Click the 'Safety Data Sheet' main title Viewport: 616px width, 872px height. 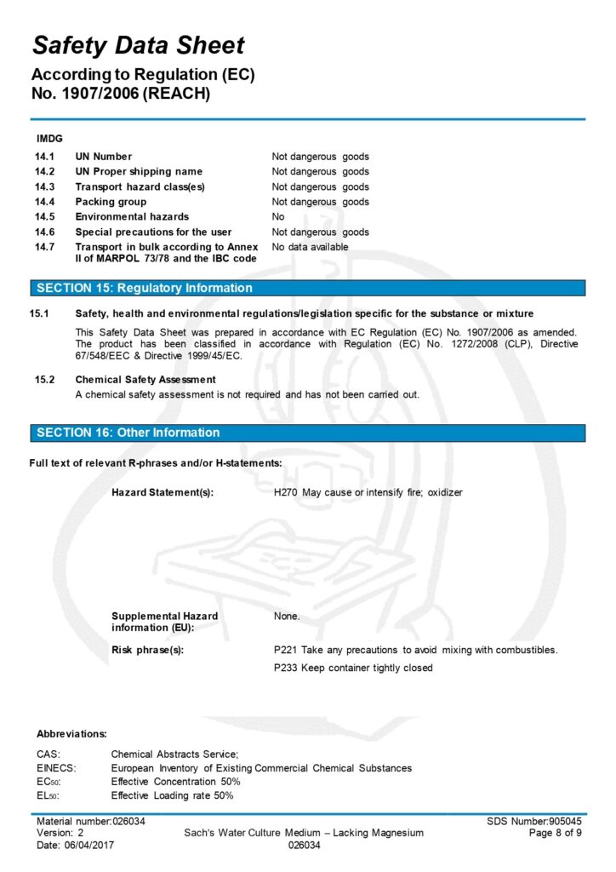click(138, 45)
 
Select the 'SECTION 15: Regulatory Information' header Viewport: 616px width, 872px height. click(144, 288)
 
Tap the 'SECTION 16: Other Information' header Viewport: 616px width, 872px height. click(128, 433)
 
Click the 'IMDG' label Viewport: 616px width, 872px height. click(48, 138)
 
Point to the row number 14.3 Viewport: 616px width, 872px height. click(44, 186)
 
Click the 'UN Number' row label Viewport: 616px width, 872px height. click(103, 157)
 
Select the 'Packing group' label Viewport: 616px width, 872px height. click(111, 202)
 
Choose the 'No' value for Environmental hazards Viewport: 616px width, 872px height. click(278, 217)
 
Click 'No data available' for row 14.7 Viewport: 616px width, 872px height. click(310, 247)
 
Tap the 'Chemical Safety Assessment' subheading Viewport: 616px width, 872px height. click(145, 379)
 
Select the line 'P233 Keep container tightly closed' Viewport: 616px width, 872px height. click(352, 668)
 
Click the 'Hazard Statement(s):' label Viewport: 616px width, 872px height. click(163, 492)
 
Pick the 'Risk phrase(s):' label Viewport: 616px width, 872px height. click(147, 650)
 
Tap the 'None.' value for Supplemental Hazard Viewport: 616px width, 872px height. click(287, 616)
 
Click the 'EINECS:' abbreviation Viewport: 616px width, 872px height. click(56, 768)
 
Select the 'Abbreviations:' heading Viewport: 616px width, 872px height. click(71, 733)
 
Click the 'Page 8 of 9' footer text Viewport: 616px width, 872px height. click(555, 833)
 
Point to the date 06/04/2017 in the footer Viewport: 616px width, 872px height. click(91, 846)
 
